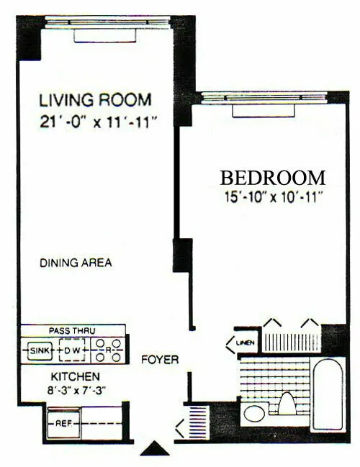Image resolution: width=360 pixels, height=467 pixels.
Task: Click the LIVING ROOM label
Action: pyautogui.click(x=96, y=100)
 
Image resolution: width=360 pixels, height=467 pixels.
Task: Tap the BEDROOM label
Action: pyautogui.click(x=273, y=177)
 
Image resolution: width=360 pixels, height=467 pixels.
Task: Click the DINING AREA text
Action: pyautogui.click(x=76, y=263)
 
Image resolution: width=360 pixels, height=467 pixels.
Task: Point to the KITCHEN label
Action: pyautogui.click(x=74, y=377)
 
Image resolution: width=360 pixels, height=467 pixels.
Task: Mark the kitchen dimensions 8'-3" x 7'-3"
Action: pyautogui.click(x=74, y=393)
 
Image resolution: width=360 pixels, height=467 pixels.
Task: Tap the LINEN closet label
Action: pyautogui.click(x=243, y=343)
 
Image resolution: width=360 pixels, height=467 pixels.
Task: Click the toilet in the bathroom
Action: pyautogui.click(x=287, y=406)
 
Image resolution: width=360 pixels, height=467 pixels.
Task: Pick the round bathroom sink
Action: pyautogui.click(x=253, y=414)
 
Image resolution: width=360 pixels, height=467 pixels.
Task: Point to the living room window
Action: pyautogui.click(x=107, y=22)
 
